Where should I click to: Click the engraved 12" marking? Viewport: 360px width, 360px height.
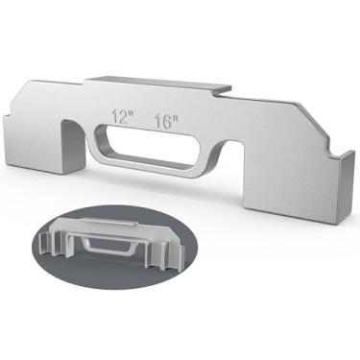(122, 116)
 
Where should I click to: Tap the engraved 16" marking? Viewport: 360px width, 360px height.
(166, 121)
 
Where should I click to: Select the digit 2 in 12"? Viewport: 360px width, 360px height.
(123, 116)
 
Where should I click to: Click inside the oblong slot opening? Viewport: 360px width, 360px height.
(152, 146)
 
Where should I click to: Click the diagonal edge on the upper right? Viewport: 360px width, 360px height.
(313, 120)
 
